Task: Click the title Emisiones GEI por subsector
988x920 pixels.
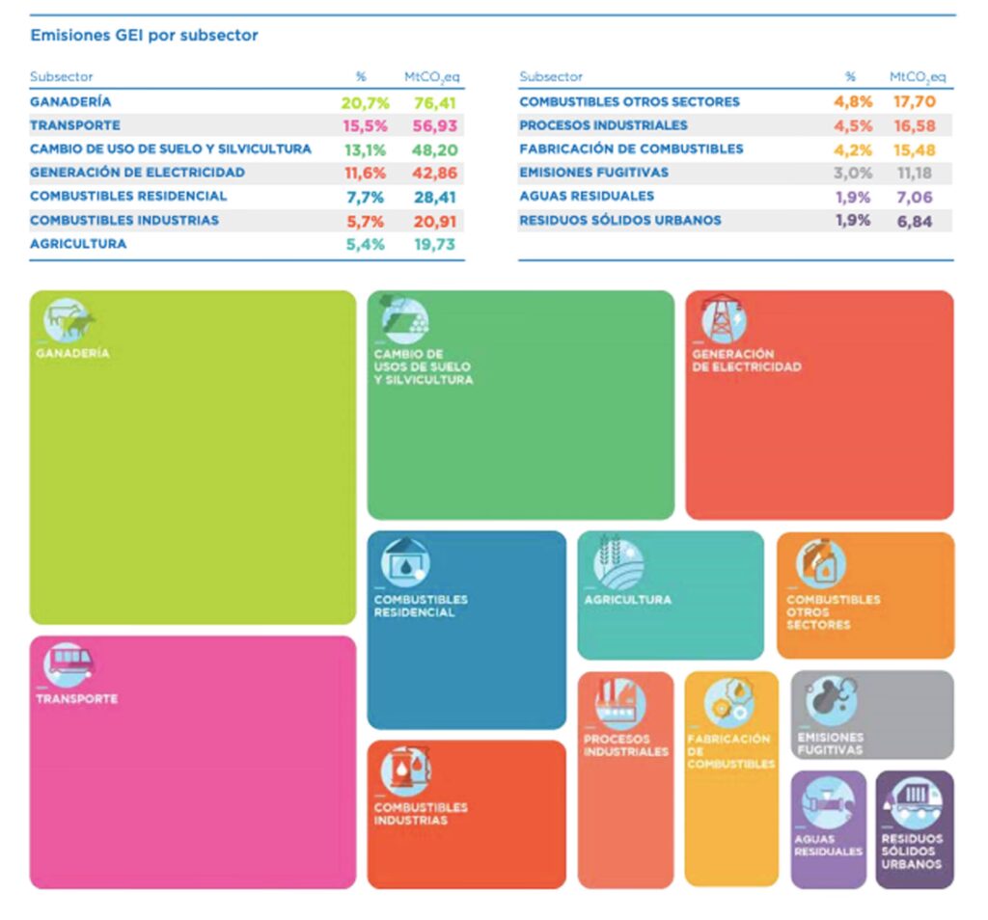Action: point(145,36)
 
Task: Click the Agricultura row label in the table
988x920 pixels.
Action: point(78,244)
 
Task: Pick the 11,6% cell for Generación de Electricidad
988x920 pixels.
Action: point(364,173)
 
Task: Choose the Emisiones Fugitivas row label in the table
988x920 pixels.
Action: point(593,173)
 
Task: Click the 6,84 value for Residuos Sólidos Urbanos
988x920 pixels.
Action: point(917,220)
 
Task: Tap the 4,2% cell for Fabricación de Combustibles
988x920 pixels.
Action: point(854,149)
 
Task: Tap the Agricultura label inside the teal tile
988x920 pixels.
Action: point(627,600)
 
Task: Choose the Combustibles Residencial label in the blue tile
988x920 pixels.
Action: point(421,606)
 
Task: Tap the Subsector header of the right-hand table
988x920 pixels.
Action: point(551,77)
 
